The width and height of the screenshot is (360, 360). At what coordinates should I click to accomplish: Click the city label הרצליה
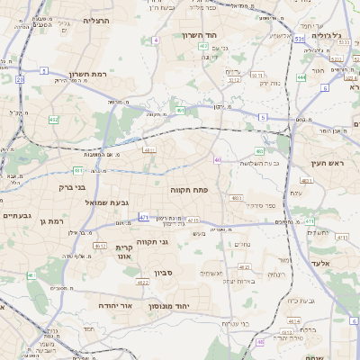click(x=95, y=19)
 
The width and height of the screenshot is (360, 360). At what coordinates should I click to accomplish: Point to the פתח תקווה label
click(x=187, y=191)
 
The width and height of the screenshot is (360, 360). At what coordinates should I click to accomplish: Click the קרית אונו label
click(x=125, y=251)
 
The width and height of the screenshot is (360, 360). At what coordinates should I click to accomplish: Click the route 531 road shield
click(x=298, y=40)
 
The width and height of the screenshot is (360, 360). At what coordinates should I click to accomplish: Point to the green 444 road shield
click(x=301, y=77)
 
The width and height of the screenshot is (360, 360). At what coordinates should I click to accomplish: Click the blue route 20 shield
click(x=20, y=79)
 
